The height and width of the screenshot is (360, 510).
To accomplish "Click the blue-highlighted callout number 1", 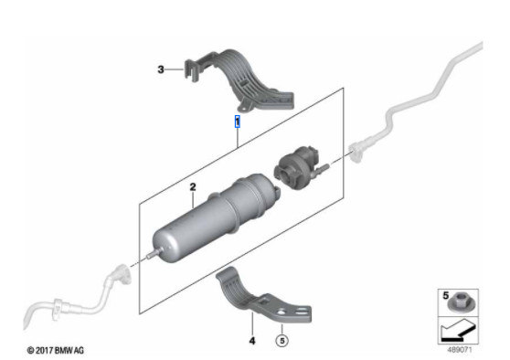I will [x=238, y=120].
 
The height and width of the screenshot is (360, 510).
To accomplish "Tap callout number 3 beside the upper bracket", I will [x=161, y=69].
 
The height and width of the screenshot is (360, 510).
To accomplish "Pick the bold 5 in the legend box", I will [x=445, y=296].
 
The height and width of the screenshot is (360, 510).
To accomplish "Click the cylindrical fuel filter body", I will [x=187, y=228].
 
